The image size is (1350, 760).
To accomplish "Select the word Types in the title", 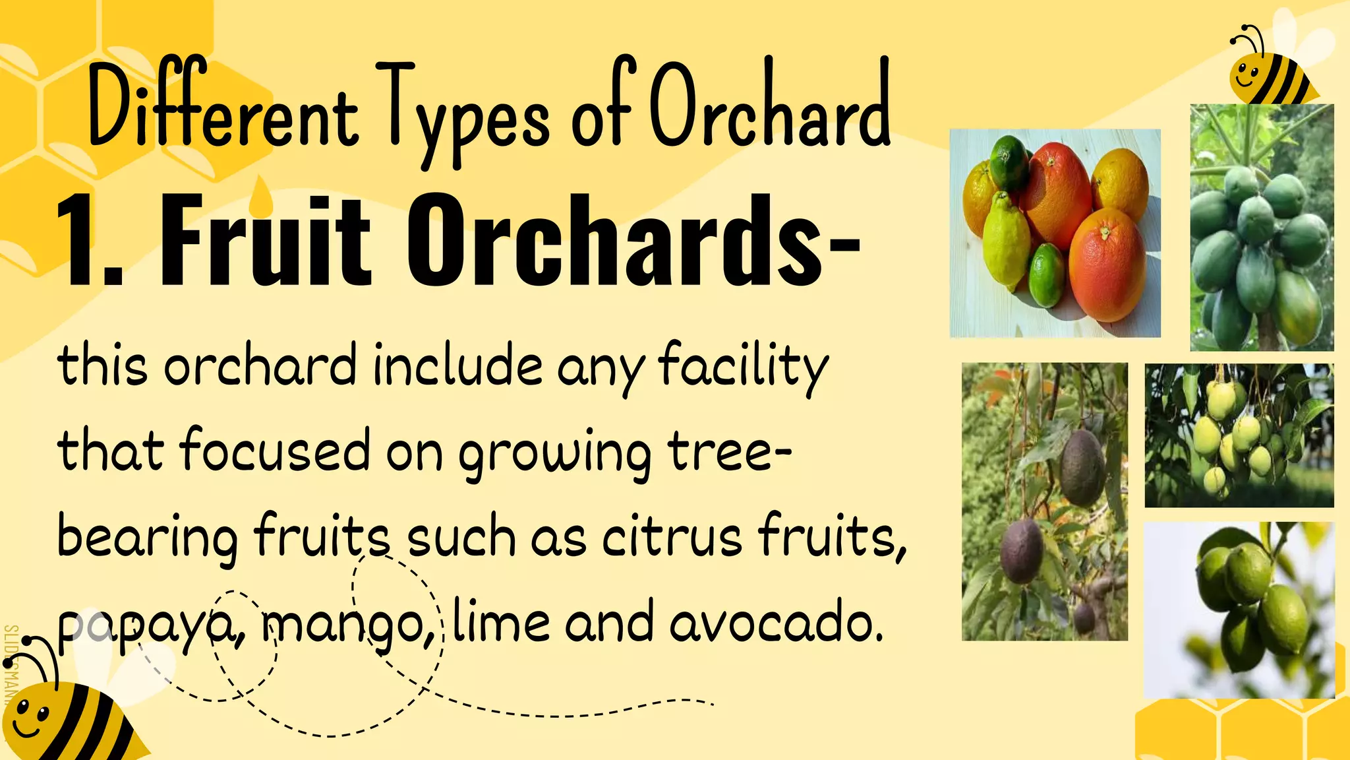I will [465, 112].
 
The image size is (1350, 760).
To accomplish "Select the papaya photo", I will [1261, 228].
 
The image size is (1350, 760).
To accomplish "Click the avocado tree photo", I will [1044, 501].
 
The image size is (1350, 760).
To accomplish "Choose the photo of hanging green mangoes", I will [1239, 435].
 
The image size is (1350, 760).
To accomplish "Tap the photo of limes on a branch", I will [1239, 610].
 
